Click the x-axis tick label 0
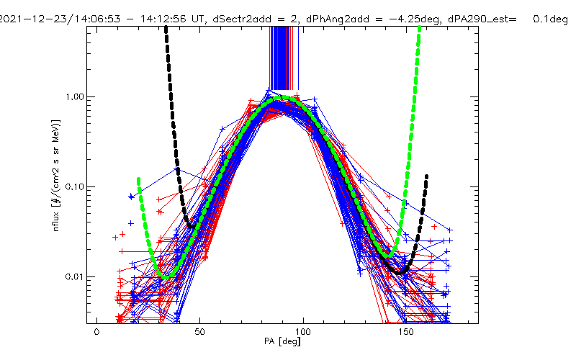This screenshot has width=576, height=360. tap(96, 333)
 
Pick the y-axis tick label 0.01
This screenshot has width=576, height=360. tap(74, 276)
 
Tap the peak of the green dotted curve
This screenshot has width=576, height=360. tap(284, 96)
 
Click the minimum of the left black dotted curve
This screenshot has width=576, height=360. tap(190, 228)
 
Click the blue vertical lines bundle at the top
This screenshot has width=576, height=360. tap(284, 58)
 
